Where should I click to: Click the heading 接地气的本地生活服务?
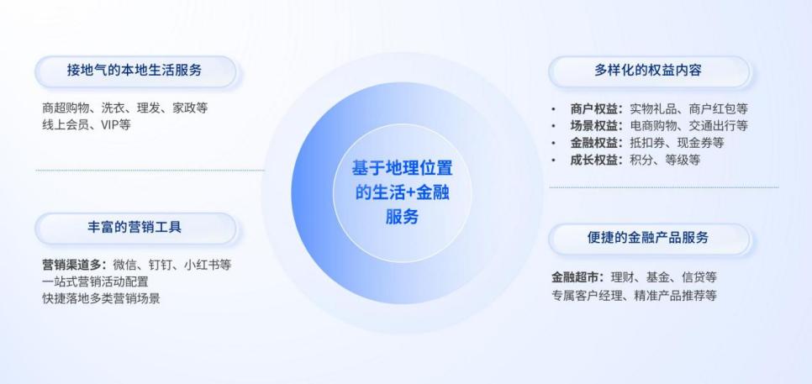[134, 70]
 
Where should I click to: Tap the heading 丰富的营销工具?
[134, 227]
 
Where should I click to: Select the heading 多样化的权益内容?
[648, 71]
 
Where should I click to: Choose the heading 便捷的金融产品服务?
[648, 238]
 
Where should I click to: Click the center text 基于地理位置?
[403, 169]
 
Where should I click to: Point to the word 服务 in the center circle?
[402, 217]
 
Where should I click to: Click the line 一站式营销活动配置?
[95, 282]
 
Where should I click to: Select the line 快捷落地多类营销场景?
[101, 298]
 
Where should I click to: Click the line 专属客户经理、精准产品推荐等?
[634, 296]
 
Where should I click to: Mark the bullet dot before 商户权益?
[554, 109]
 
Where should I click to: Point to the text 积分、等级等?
[665, 160]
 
